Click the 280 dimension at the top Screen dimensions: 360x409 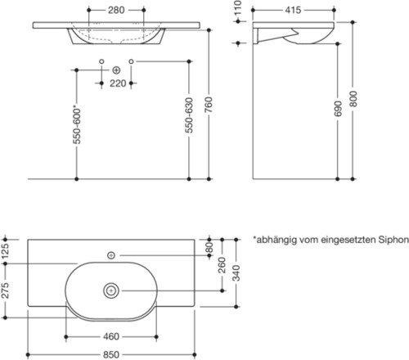tap(116, 11)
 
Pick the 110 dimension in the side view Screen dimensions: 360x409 tap(238, 13)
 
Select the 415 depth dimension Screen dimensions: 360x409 tap(292, 11)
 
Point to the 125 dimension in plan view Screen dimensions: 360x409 tap(7, 249)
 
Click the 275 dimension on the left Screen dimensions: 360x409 tap(7, 289)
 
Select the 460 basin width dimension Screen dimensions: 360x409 tap(112, 336)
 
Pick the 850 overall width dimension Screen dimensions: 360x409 tap(112, 353)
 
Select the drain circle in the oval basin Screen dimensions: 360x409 tap(112, 290)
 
